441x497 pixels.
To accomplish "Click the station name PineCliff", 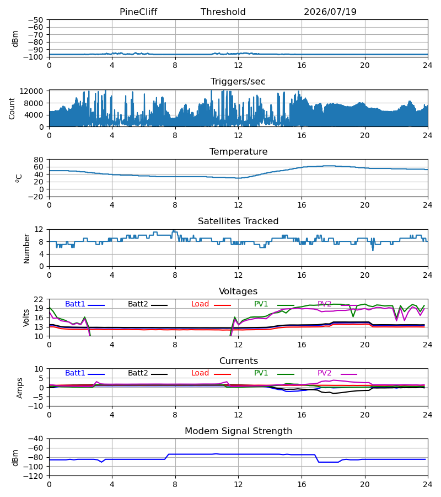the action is tap(138, 12).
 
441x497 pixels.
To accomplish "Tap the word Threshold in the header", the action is tap(223, 12).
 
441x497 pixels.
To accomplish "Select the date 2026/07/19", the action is tap(330, 12).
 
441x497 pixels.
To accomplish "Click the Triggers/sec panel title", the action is tap(238, 82).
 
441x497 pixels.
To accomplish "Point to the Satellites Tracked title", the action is tap(238, 221).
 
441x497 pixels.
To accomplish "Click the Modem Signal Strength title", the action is tap(238, 431).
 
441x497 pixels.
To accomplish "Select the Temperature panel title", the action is tap(238, 151).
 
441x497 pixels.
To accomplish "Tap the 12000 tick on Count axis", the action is tap(31, 91).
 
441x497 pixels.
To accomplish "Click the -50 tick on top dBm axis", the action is tap(35, 20).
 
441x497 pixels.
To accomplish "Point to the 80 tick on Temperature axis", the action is tap(39, 160).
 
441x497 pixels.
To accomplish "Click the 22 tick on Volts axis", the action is tap(39, 299).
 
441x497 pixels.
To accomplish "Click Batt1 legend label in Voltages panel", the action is tap(75, 304).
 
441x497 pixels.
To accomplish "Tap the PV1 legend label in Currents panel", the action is tap(261, 373).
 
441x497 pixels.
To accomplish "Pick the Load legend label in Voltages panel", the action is tap(200, 304).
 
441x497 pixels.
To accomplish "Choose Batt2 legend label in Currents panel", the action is tap(138, 373).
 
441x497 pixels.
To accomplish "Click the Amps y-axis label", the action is tap(20, 388).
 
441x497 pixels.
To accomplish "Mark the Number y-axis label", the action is tap(26, 248).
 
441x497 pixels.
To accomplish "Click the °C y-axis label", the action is tap(19, 178).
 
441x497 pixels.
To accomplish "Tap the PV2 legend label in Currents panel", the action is tap(324, 373).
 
